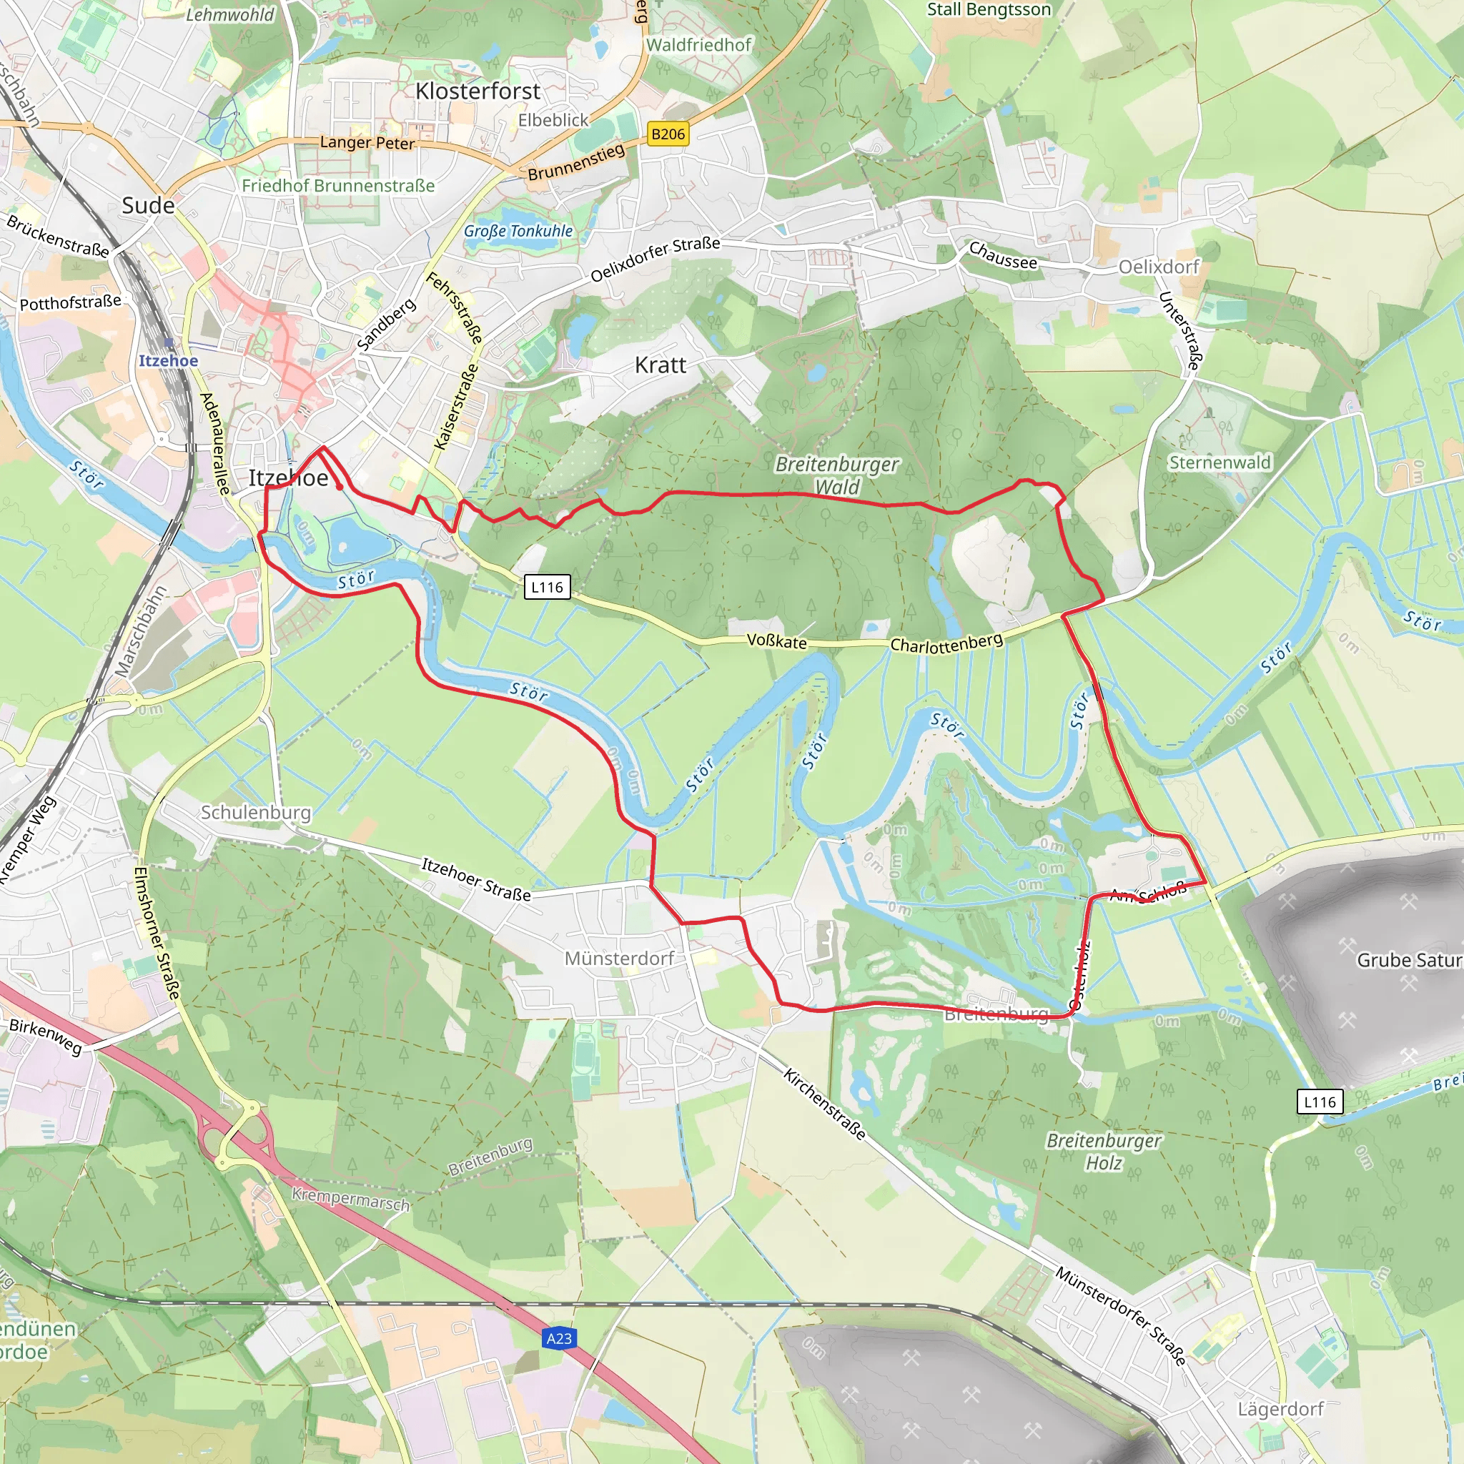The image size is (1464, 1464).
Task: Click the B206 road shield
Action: (x=668, y=134)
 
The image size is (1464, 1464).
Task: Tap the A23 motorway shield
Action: (x=559, y=1338)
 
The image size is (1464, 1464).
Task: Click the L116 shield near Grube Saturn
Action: (x=1320, y=1102)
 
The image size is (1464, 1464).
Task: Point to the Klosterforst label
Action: (x=478, y=91)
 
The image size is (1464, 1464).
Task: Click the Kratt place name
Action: (x=660, y=365)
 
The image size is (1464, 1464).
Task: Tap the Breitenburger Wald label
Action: (x=836, y=475)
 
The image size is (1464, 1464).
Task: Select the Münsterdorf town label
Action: (x=619, y=959)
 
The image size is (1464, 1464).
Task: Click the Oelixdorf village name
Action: (x=1159, y=267)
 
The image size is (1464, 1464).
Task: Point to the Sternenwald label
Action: (x=1220, y=463)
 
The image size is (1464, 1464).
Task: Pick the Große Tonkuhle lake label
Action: (x=518, y=231)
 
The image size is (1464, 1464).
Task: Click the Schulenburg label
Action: (x=255, y=812)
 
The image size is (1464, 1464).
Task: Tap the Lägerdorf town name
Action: (x=1280, y=1410)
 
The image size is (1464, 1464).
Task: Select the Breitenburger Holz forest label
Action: (x=1103, y=1151)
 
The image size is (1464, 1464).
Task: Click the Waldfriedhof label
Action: (x=698, y=45)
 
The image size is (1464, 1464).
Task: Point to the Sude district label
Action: (x=148, y=205)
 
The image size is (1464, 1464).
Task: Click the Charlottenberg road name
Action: (x=946, y=643)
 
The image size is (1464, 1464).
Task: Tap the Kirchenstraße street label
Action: (x=824, y=1104)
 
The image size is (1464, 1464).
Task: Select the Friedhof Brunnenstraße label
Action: (x=338, y=186)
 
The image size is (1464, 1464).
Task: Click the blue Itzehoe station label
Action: (x=168, y=361)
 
